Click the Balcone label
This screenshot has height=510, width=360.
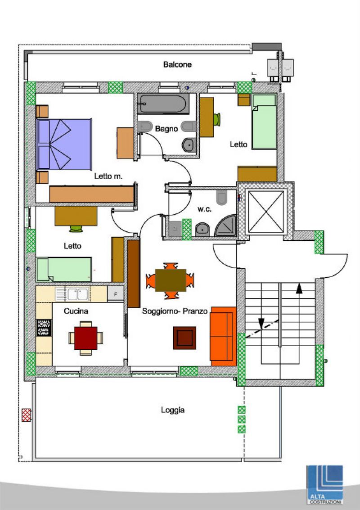coord(177,64)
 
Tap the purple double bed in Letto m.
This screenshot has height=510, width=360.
coord(64,144)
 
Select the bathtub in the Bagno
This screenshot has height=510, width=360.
coord(163,104)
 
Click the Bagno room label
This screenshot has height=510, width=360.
coord(166,129)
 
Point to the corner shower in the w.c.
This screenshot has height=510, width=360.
coord(226,226)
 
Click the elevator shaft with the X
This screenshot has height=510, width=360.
coord(266,212)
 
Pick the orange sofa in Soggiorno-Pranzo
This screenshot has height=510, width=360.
coord(223,336)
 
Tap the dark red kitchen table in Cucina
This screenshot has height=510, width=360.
coord(85,338)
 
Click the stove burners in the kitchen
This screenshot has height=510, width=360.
coord(44,328)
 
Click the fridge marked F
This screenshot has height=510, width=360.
coord(116,294)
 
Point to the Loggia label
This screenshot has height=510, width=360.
coord(173,410)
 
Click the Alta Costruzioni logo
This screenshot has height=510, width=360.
coord(325,485)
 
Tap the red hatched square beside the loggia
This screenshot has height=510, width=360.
coord(27,415)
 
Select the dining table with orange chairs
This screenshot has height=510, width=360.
coord(171,280)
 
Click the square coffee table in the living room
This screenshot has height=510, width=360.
coord(184,338)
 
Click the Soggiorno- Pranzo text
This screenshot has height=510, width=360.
coord(175,311)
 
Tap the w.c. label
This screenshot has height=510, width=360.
coord(205,209)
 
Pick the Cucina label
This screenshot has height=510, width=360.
coord(76,311)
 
